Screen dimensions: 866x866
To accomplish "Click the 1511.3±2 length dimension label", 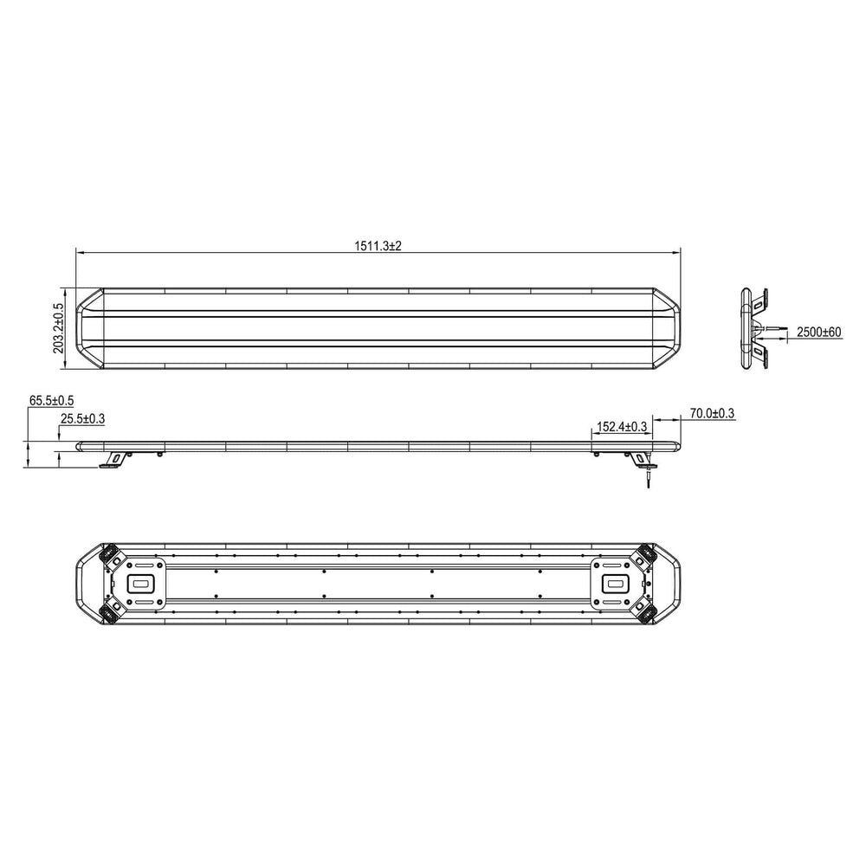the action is tap(378, 246).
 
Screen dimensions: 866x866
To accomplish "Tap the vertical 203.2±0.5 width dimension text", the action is tap(59, 328).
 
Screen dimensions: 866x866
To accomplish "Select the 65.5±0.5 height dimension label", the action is tap(51, 400).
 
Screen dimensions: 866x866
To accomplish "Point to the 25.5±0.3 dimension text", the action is tap(82, 418).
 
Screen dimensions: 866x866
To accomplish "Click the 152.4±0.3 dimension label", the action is tap(621, 427).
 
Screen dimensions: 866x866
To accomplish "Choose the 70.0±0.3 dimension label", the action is tap(712, 413).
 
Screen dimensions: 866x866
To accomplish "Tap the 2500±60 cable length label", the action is tap(819, 332).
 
